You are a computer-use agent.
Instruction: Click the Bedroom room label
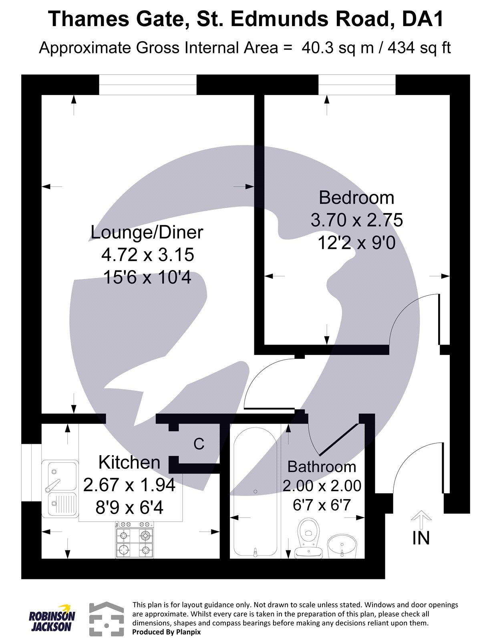(356, 198)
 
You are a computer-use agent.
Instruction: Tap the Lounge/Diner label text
(147, 232)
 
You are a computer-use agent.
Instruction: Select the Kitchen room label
(129, 462)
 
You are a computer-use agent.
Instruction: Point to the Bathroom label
(322, 467)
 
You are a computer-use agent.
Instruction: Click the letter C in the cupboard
(199, 444)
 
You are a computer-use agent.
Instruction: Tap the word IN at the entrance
(421, 538)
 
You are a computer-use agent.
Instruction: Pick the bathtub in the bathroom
(255, 491)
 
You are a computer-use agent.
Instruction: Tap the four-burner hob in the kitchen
(135, 540)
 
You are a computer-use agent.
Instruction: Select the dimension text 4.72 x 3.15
(147, 255)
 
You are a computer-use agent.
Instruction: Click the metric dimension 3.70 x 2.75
(356, 220)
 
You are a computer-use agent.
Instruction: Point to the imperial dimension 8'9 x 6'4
(129, 508)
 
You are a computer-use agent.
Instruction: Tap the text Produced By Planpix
(166, 632)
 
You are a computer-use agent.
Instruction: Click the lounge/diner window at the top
(148, 85)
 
